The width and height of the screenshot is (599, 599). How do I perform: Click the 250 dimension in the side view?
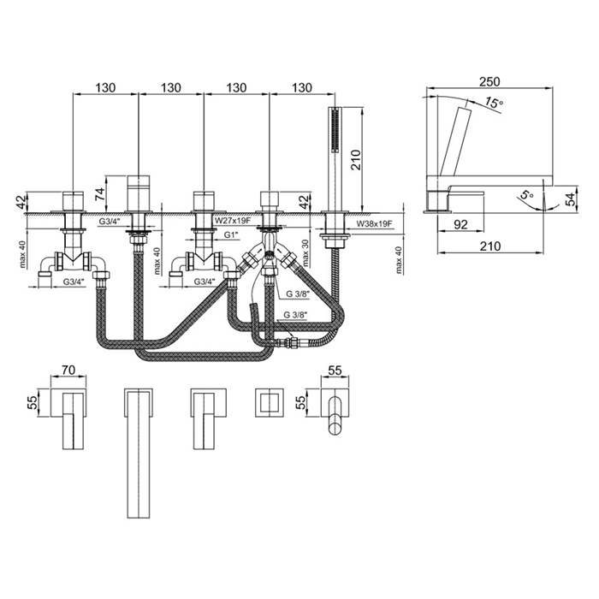[x=489, y=81]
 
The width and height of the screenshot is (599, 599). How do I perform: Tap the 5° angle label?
[x=527, y=195]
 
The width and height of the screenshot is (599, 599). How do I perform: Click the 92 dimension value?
[x=460, y=224]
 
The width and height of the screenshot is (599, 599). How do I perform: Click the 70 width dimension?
[x=68, y=370]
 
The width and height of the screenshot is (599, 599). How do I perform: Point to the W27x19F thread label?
[x=231, y=221]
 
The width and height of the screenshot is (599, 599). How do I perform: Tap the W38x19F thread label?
[x=375, y=224]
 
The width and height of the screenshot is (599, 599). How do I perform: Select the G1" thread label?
[x=231, y=235]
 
